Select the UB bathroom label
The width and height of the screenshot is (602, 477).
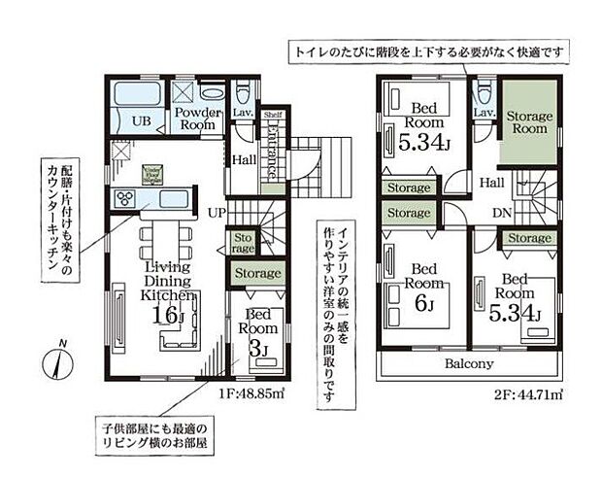(141, 120)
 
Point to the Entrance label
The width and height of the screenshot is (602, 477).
(273, 151)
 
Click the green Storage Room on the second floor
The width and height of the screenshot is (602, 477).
(528, 121)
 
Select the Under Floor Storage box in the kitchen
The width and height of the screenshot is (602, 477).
(152, 173)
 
